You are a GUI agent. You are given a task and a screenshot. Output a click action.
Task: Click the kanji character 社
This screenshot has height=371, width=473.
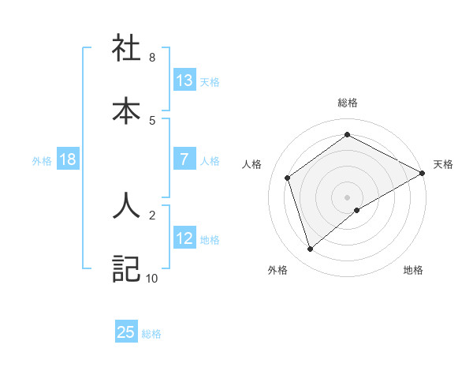(x=126, y=48)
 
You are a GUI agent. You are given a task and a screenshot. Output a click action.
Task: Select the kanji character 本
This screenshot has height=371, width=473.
(x=126, y=111)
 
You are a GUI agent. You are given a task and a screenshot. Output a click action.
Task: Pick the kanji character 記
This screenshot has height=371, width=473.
(x=126, y=268)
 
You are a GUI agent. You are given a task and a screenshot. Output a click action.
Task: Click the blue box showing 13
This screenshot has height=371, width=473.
(x=184, y=81)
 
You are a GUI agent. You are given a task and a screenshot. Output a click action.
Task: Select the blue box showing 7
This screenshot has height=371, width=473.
(x=184, y=160)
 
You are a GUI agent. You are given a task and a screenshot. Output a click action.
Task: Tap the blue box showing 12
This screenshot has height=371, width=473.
(x=184, y=238)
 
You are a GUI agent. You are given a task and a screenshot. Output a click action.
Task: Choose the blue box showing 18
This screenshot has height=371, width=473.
(x=68, y=160)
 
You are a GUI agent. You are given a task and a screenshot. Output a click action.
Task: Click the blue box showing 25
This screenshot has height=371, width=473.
(x=126, y=332)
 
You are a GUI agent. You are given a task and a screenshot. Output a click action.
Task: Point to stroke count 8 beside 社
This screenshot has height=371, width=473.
(x=152, y=58)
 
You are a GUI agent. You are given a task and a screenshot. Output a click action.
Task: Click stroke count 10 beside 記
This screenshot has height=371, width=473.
(x=151, y=278)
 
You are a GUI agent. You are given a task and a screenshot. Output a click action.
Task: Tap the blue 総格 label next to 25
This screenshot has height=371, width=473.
(x=151, y=334)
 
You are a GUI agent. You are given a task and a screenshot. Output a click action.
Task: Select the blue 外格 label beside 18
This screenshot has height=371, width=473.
(x=42, y=161)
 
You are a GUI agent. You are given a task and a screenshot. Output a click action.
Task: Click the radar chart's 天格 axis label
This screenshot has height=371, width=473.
(x=443, y=164)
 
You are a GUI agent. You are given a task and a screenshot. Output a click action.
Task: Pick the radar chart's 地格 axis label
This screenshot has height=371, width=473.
(x=413, y=271)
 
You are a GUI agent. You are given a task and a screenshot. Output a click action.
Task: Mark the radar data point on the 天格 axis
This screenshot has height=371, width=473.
(x=423, y=172)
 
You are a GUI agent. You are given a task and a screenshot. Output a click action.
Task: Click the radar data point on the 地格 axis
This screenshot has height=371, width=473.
(x=357, y=210)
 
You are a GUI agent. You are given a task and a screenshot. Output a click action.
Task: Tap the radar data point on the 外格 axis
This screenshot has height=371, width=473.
(x=310, y=249)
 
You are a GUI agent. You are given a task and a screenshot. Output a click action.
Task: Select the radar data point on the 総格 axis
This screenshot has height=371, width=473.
(x=347, y=135)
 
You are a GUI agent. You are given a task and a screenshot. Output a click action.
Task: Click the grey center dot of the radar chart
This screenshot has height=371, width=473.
(x=347, y=197)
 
